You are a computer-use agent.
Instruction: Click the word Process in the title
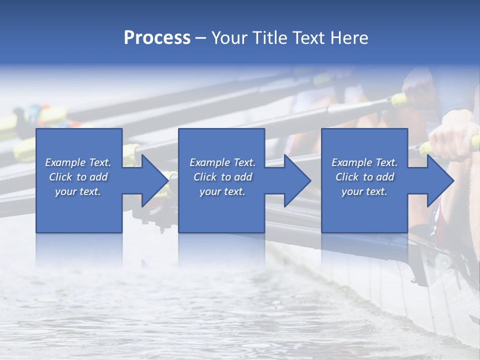(157, 37)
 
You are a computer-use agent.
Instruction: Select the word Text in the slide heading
(308, 37)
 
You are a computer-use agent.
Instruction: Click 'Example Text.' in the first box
(78, 162)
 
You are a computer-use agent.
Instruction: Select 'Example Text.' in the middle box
(222, 162)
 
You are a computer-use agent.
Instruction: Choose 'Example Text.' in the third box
(364, 162)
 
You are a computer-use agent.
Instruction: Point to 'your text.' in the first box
(78, 191)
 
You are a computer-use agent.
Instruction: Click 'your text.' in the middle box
(222, 191)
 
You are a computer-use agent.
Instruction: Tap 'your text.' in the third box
(364, 191)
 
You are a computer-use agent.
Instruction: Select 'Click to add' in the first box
(78, 177)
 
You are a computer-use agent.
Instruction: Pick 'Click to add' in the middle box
(222, 177)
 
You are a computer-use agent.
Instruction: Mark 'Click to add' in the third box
(364, 177)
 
